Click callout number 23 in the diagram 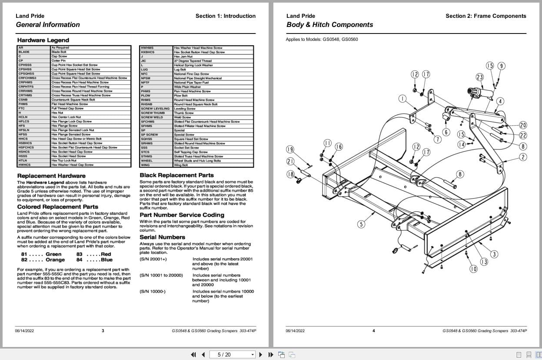[479, 77]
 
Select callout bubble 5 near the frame [361, 224]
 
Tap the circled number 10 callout [473, 269]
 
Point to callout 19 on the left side [290, 150]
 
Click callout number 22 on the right [523, 136]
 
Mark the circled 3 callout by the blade [494, 254]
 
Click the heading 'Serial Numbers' [162, 237]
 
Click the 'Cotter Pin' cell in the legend [59, 61]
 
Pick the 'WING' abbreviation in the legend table [145, 165]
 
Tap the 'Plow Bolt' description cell [180, 96]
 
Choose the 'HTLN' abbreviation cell [23, 160]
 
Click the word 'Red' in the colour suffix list [106, 254]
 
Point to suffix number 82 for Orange [24, 260]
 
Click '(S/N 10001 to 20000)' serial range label [161, 275]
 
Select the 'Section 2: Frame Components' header [485, 16]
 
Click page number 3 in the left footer [103, 331]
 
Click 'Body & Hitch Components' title [329, 25]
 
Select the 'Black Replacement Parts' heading [176, 175]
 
